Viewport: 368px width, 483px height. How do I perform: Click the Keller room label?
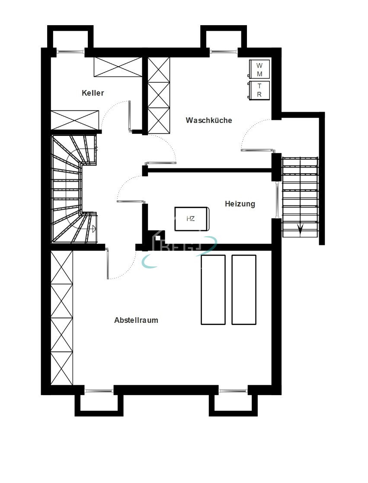tap(93, 93)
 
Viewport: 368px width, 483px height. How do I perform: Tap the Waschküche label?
tap(209, 120)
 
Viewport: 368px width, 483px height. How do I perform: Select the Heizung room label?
tap(240, 204)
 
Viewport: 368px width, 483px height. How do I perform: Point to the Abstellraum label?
tap(136, 321)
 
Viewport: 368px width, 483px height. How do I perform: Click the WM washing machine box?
tap(259, 69)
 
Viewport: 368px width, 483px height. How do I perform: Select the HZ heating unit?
tap(192, 219)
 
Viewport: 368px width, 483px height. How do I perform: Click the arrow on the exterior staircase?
tap(300, 229)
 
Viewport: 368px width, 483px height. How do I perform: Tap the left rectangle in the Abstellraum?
tap(213, 290)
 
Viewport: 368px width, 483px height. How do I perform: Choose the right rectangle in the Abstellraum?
tap(244, 290)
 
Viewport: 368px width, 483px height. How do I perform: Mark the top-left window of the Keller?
tap(70, 52)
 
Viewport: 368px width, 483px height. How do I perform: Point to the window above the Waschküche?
tap(224, 52)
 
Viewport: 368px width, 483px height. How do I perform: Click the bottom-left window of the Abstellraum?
tap(99, 391)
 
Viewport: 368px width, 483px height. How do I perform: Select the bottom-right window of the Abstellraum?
tap(233, 391)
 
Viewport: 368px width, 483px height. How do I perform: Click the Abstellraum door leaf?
tap(107, 263)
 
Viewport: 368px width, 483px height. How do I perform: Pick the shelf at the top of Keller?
tap(118, 67)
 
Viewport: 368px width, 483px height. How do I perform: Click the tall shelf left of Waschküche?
tap(159, 95)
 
